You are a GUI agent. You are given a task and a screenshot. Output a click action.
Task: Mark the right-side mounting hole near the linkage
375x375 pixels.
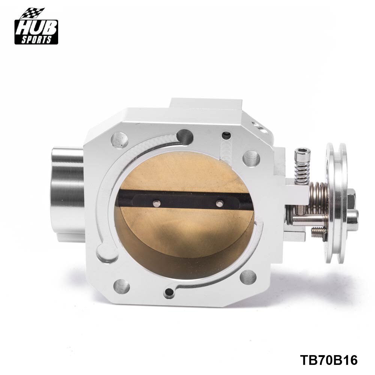tap(251, 158)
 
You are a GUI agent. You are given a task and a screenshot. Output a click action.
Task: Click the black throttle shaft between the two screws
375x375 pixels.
tap(187, 203)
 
